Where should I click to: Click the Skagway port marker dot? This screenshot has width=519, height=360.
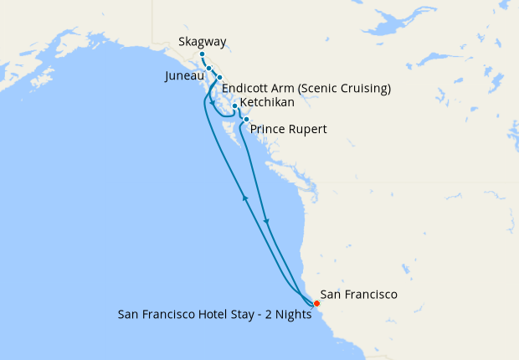pyautogui.click(x=202, y=54)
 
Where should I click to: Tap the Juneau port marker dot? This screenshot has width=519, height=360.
pyautogui.click(x=209, y=69)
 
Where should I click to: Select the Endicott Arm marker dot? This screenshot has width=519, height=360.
pyautogui.click(x=219, y=78)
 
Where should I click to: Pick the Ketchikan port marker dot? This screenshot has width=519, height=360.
pyautogui.click(x=235, y=105)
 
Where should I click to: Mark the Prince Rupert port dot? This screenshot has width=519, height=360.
pyautogui.click(x=246, y=120)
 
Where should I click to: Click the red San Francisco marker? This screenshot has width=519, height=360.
pyautogui.click(x=316, y=302)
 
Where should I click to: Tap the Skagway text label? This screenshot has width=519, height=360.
pyautogui.click(x=203, y=42)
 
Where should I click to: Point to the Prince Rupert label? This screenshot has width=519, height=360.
pyautogui.click(x=289, y=130)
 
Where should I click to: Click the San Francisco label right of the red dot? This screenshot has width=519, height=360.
pyautogui.click(x=359, y=295)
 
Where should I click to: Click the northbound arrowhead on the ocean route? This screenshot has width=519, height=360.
pyautogui.click(x=245, y=197)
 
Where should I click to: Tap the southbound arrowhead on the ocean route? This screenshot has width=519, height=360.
pyautogui.click(x=266, y=221)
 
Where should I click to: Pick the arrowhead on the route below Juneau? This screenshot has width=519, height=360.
pyautogui.click(x=213, y=104)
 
